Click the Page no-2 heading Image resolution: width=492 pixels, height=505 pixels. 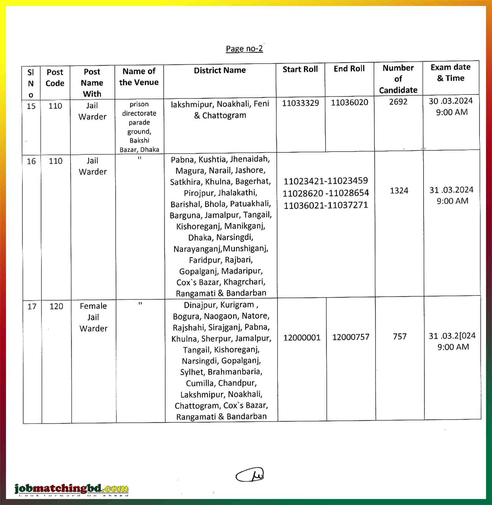[244, 48]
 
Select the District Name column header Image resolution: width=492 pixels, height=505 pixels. [220, 70]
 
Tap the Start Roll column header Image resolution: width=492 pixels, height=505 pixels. [300, 69]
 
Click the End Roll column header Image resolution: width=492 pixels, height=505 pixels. [349, 69]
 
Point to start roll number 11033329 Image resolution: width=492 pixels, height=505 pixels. [300, 103]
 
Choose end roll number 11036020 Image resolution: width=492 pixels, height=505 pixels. [349, 103]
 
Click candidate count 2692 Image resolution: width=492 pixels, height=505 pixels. [398, 102]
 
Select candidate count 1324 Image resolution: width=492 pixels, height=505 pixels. [399, 191]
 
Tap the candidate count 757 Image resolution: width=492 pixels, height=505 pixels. [399, 336]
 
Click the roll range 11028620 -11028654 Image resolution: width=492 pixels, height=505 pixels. [326, 193]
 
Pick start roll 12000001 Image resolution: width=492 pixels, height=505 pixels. [302, 338]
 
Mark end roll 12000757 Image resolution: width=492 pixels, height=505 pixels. [351, 337]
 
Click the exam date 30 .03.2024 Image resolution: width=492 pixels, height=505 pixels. [451, 101]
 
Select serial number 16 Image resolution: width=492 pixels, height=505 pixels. [31, 161]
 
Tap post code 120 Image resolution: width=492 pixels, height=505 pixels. [56, 306]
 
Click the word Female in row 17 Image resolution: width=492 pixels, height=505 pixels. [93, 306]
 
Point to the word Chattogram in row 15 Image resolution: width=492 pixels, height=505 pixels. [224, 116]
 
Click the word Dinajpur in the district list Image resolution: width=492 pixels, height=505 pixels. [198, 305]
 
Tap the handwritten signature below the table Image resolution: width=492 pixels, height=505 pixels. [250, 475]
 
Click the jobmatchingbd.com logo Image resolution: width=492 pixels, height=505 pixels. [71, 488]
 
